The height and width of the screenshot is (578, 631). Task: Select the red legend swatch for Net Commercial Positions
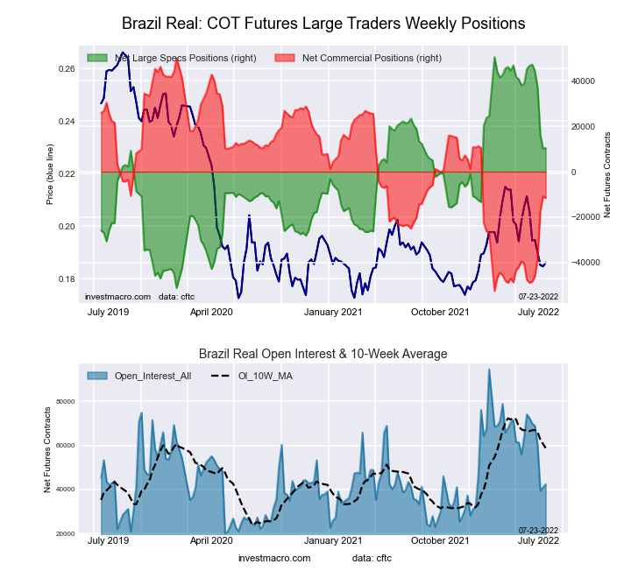(x=286, y=58)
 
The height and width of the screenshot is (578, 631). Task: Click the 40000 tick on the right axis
(x=584, y=81)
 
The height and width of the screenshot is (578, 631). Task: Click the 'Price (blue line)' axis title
(x=51, y=173)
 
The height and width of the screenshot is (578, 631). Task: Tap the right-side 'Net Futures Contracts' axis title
(x=606, y=173)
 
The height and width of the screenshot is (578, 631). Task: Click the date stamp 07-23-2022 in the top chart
(x=537, y=297)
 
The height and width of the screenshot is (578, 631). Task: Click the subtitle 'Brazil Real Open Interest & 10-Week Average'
(x=323, y=354)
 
